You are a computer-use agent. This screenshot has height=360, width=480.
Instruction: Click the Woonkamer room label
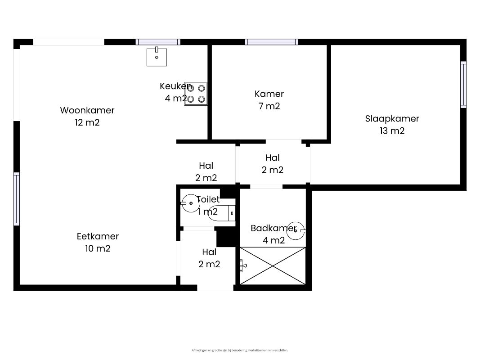click(87, 110)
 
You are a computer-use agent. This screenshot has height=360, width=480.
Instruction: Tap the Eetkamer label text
click(98, 236)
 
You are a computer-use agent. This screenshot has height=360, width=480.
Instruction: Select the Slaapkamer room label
click(392, 119)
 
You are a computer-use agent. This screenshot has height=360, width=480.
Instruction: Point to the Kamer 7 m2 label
click(269, 100)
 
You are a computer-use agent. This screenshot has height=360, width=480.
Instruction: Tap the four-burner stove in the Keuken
click(196, 94)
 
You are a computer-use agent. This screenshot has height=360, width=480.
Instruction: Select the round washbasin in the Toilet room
click(190, 203)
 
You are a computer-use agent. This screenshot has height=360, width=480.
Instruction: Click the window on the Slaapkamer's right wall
click(463, 85)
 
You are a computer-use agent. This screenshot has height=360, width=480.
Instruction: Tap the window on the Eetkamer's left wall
click(17, 198)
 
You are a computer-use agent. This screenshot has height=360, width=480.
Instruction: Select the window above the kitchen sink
click(158, 42)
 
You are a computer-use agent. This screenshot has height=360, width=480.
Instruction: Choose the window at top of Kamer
click(271, 42)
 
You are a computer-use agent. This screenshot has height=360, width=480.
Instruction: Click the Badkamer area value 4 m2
click(274, 240)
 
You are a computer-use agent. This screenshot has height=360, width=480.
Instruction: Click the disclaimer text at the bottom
click(240, 350)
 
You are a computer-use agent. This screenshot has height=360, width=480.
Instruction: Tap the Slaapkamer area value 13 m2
click(392, 131)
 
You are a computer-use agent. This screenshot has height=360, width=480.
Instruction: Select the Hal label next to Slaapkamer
click(272, 157)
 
